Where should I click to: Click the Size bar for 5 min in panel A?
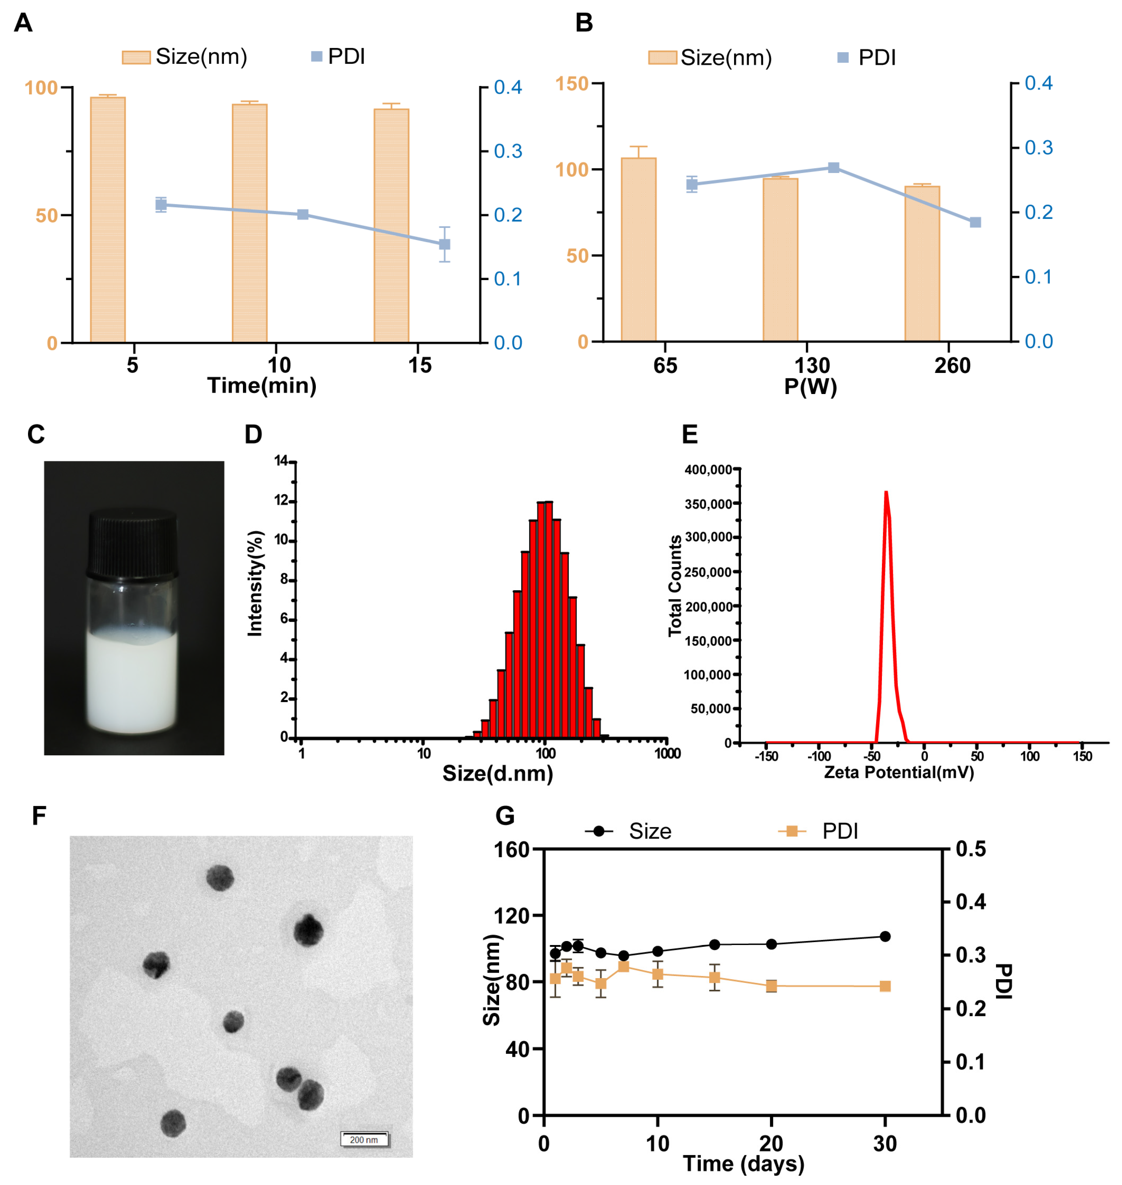(108, 220)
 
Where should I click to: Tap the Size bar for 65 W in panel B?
(638, 249)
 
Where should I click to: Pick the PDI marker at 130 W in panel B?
(834, 168)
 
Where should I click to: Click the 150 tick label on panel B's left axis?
(572, 84)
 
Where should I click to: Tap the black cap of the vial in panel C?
(133, 542)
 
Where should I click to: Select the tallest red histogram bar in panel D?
(545, 620)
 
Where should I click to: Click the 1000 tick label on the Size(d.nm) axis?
(667, 753)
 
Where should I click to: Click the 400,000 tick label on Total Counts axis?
(708, 470)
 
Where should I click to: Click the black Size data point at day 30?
(885, 936)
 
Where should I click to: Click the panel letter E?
(690, 435)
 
